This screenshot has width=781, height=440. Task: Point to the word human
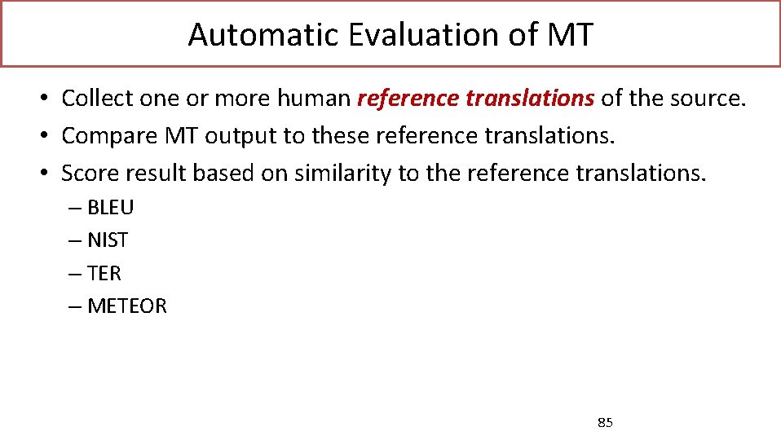[x=313, y=99]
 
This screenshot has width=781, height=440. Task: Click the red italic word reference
[x=408, y=99]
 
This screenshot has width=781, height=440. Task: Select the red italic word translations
[x=530, y=99]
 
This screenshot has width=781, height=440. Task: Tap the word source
[x=707, y=99]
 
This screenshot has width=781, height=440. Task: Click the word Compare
[x=103, y=136]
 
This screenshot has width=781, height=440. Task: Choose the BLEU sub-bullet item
[x=110, y=208]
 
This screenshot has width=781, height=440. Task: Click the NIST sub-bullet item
[x=108, y=240]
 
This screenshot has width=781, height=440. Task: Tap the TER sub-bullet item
[x=104, y=273]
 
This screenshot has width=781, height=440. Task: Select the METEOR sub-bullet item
[x=126, y=306]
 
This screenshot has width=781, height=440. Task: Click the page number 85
[x=606, y=422]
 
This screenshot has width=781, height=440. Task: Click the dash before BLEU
[x=75, y=208]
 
